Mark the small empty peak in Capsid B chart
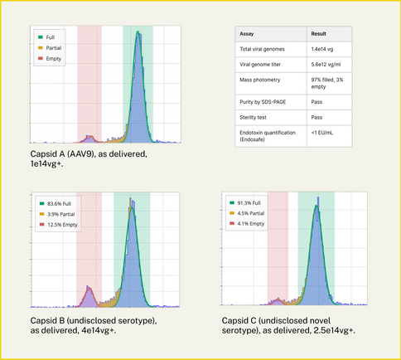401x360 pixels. (89, 294)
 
